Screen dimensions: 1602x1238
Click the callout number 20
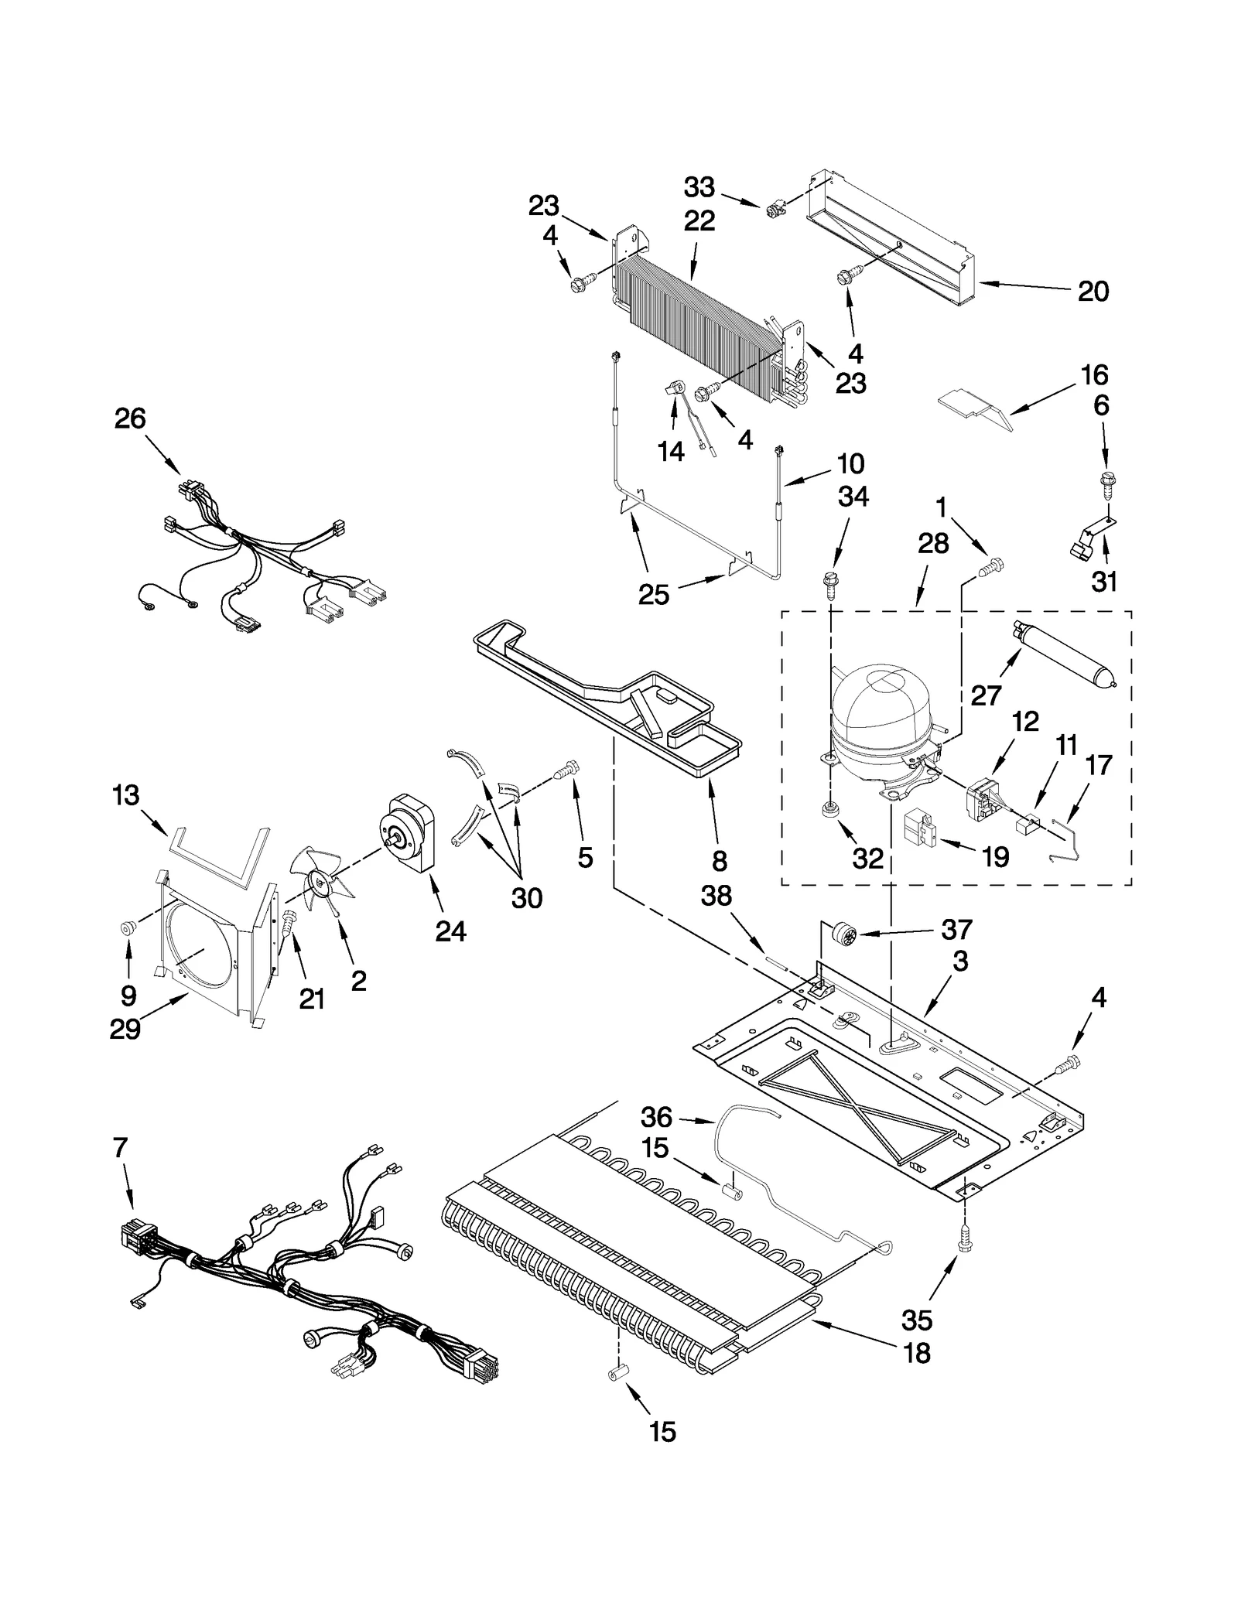[x=1093, y=292]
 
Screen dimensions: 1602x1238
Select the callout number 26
[x=130, y=418]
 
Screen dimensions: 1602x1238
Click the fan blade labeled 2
[x=317, y=880]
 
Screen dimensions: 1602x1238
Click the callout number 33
[x=699, y=188]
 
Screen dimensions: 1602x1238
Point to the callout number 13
[x=125, y=795]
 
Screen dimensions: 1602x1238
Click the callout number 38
[x=716, y=896]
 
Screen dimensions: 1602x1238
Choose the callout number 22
[x=699, y=221]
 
